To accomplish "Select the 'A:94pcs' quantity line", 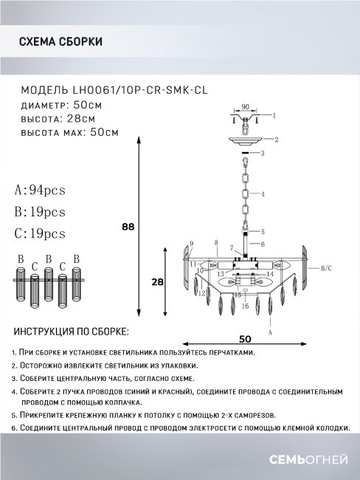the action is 40,191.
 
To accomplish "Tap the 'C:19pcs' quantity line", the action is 40,234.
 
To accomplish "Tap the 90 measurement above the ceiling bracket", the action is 245,106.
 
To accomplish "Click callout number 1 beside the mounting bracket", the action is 274,116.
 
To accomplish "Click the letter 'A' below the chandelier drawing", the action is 271,332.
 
